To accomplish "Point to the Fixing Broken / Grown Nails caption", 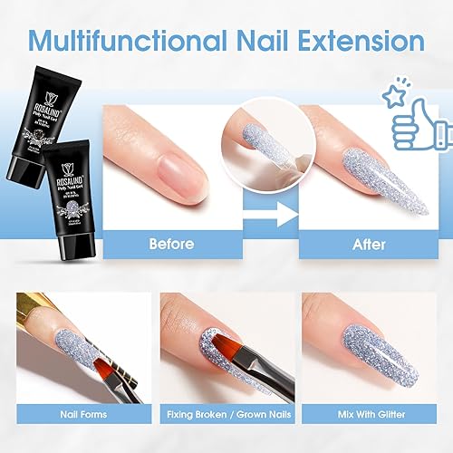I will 226,416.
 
